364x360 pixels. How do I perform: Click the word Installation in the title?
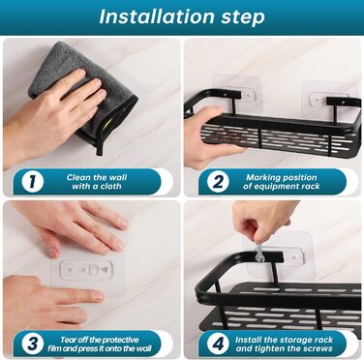157,16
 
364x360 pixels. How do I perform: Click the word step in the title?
243,17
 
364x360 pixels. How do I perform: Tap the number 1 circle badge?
33,182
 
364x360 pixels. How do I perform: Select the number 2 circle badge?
218,182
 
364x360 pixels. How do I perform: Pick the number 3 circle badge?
33,344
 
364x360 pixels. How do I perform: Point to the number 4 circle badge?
218,344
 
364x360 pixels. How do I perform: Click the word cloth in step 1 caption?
110,186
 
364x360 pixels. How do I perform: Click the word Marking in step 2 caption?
260,177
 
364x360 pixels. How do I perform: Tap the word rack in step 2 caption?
311,186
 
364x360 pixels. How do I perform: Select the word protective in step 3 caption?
120,340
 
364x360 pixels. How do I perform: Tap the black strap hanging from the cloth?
101,143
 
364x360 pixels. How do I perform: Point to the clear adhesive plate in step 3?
87,275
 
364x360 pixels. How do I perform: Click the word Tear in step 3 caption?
68,340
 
